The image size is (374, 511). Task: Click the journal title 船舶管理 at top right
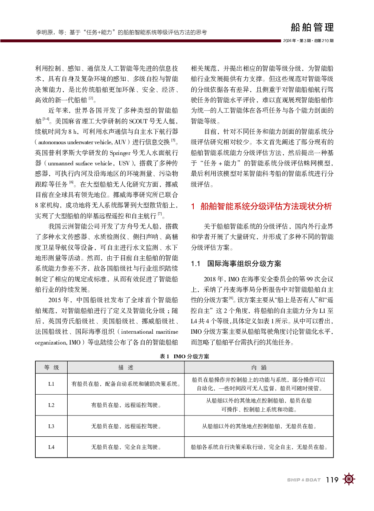[x=312, y=28]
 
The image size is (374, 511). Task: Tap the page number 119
[x=332, y=480]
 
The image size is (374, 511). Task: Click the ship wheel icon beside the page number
[x=349, y=479]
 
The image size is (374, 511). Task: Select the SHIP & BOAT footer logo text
[x=304, y=480]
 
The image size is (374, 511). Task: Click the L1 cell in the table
[x=51, y=384]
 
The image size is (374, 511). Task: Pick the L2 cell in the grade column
[x=51, y=405]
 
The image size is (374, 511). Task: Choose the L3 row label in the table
[x=51, y=426]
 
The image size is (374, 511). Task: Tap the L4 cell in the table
[x=51, y=447]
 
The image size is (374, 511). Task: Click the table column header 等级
[x=51, y=368]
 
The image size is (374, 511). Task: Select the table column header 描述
[x=126, y=368]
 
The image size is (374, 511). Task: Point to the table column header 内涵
[x=259, y=368]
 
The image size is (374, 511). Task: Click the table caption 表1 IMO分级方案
[x=184, y=356]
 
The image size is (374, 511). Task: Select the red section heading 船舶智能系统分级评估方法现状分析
[x=266, y=207]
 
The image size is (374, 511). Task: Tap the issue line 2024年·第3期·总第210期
[x=308, y=41]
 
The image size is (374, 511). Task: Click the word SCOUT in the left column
[x=138, y=121]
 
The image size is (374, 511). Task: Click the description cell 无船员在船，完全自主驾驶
[x=126, y=447]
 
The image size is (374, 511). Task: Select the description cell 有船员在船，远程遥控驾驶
[x=126, y=405]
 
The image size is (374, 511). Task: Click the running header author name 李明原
[x=44, y=33]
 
